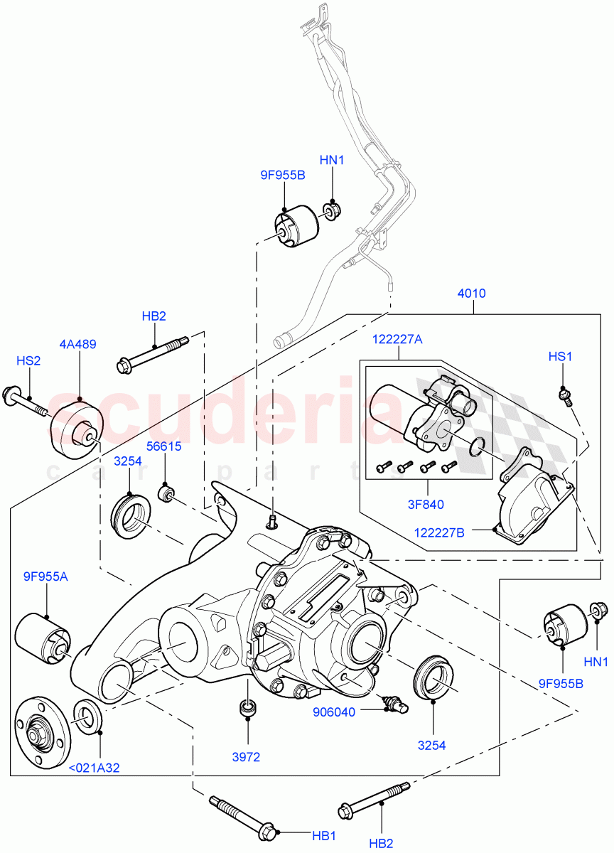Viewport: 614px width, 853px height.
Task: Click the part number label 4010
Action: pyautogui.click(x=473, y=293)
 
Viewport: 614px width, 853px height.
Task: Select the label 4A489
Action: pyautogui.click(x=78, y=345)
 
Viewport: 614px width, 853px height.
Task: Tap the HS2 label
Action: pyautogui.click(x=28, y=361)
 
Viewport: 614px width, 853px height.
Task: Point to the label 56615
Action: pyautogui.click(x=164, y=446)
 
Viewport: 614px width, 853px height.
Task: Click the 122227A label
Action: pyautogui.click(x=397, y=340)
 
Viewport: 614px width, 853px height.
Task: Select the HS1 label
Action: pyautogui.click(x=560, y=356)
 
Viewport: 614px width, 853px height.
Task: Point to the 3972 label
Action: pyautogui.click(x=248, y=757)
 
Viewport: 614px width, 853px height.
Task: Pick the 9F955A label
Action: pyautogui.click(x=45, y=576)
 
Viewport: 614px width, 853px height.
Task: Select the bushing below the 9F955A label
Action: pyautogui.click(x=44, y=637)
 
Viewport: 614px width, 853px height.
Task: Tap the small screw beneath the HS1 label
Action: pyautogui.click(x=566, y=395)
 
